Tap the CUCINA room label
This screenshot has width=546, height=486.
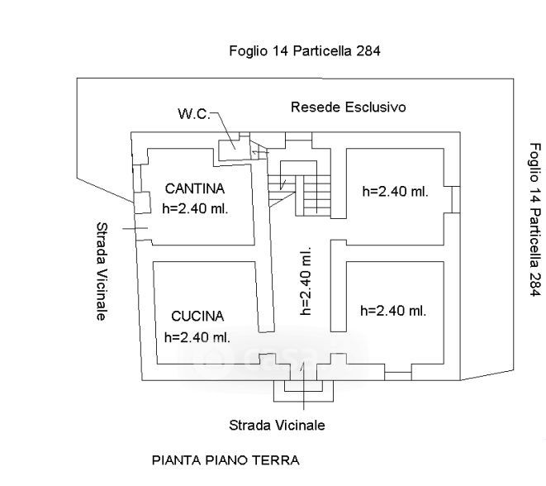point(197,316)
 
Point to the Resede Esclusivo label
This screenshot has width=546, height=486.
point(348,107)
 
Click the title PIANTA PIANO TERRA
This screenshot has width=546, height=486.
point(225,460)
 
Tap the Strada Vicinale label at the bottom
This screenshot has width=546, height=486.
point(277,425)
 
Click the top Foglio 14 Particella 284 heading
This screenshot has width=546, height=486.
point(304,51)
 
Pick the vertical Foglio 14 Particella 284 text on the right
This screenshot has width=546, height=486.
point(534,219)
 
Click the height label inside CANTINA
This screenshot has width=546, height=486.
point(196,208)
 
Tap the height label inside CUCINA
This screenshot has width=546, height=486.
point(197,336)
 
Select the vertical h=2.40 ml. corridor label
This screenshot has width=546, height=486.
point(305,282)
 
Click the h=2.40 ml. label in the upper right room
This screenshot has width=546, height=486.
point(395,191)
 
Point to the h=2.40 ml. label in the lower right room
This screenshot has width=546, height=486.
point(394,311)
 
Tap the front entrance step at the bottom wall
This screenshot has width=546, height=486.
point(304,382)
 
